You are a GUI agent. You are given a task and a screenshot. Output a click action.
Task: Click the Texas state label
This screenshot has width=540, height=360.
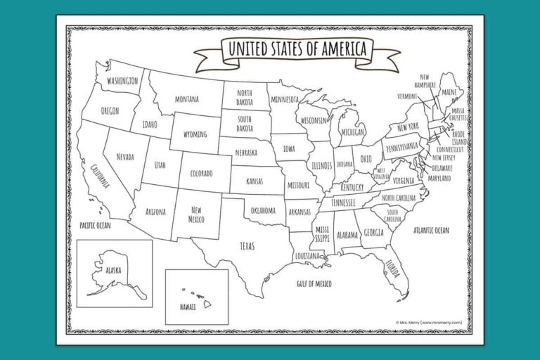tap(247, 246)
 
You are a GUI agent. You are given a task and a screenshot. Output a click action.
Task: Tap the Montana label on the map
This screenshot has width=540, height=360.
tap(186, 99)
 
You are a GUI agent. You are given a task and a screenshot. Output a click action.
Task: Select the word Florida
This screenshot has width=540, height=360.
tap(392, 268)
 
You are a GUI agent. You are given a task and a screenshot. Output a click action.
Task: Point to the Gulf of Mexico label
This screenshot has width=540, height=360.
tap(314, 283)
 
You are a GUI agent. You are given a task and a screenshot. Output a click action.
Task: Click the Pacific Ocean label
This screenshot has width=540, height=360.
tap(95, 225)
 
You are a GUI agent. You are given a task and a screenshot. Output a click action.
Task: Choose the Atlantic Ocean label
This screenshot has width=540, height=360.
tap(431, 230)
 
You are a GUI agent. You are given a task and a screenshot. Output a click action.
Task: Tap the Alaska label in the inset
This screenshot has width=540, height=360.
tap(112, 269)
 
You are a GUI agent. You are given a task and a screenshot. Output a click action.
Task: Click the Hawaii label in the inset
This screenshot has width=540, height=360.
tap(187, 307)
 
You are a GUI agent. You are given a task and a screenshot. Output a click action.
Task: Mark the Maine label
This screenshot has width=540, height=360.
tap(449, 92)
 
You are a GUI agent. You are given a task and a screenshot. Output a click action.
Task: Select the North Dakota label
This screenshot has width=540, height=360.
tap(245, 97)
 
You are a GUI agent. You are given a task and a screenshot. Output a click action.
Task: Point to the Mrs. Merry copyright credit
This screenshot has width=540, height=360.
tap(429, 323)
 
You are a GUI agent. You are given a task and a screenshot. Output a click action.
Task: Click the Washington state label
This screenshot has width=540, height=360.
tap(122, 82)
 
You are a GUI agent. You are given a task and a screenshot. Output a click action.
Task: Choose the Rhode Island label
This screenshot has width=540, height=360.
tap(458, 137)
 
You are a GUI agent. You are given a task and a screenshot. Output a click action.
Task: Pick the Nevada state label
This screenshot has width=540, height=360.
tap(125, 156)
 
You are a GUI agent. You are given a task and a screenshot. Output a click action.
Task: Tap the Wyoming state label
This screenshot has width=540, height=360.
tap(195, 134)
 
